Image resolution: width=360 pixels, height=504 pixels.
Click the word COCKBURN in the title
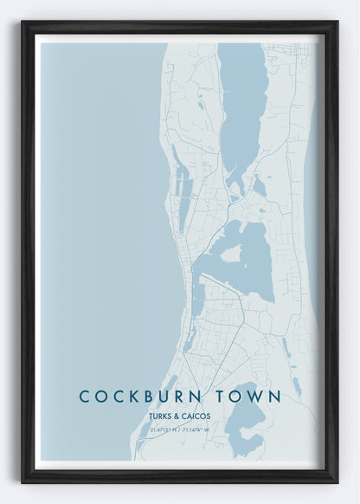[144, 397]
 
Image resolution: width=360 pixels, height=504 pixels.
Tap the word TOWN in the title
[249, 397]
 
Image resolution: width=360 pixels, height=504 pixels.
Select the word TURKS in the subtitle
[161, 415]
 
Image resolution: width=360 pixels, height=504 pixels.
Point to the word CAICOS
[195, 415]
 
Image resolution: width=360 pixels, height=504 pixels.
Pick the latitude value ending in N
[164, 429]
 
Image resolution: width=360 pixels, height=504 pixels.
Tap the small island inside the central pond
[231, 253]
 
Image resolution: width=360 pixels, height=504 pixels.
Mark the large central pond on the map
[253, 260]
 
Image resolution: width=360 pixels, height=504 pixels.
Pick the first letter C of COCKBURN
[85, 397]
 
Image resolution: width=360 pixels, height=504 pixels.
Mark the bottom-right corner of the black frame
[336, 481]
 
